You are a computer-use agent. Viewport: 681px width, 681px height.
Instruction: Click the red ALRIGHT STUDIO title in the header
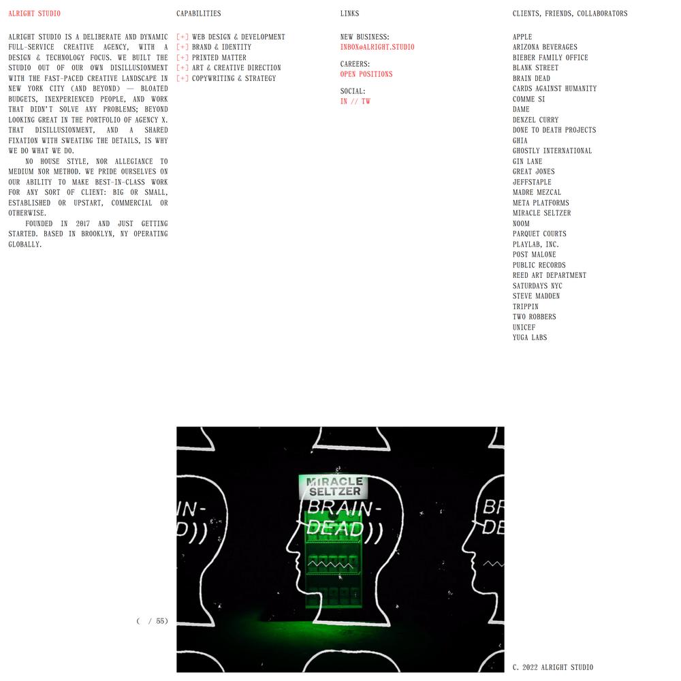point(34,14)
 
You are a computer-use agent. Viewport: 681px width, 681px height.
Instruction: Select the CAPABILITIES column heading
point(198,14)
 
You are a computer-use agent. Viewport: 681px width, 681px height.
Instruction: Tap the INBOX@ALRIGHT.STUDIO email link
point(377,47)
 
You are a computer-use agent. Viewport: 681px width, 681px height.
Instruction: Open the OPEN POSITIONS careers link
point(366,74)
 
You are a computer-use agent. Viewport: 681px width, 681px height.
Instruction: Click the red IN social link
point(344,101)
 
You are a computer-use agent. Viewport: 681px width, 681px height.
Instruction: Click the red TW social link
point(366,101)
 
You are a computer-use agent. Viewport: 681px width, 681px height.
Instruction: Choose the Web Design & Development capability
point(238,37)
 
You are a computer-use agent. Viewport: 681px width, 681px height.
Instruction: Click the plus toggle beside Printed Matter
point(183,58)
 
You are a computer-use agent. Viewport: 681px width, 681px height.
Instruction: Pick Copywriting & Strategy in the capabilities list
point(234,78)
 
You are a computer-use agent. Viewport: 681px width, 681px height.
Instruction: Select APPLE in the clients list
point(522,37)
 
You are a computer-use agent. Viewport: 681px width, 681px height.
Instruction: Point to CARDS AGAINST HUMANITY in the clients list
point(554,89)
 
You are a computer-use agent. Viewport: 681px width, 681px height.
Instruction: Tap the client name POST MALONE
point(534,255)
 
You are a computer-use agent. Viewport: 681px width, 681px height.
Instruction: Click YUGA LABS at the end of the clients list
point(530,338)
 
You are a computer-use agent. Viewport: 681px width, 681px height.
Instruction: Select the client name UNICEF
point(524,328)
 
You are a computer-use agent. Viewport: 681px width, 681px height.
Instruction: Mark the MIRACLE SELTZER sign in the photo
point(334,486)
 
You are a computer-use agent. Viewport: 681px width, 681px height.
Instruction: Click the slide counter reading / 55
point(153,621)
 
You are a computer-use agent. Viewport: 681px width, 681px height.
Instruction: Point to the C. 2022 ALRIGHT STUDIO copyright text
point(553,667)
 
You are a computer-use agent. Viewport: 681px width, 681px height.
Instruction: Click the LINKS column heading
point(349,14)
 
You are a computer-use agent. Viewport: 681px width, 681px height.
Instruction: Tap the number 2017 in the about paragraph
point(82,223)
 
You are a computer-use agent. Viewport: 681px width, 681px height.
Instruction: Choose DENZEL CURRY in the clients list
point(535,120)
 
